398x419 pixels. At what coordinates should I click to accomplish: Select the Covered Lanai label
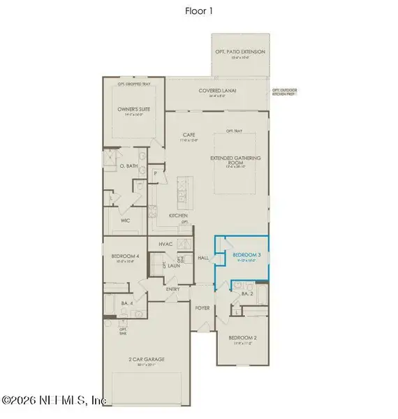tap(215, 91)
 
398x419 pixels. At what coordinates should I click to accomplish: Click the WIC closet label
tap(126, 221)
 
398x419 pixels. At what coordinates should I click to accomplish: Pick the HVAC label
tap(165, 244)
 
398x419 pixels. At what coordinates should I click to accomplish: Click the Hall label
tap(204, 258)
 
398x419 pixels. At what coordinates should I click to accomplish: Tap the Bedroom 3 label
tap(246, 256)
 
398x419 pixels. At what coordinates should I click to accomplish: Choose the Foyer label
tap(202, 306)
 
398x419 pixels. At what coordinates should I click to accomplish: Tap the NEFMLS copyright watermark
tap(54, 401)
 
